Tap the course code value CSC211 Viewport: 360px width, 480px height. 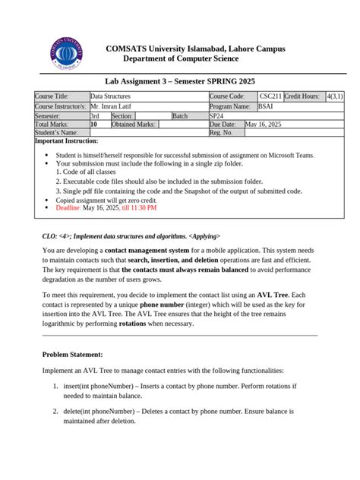coord(270,96)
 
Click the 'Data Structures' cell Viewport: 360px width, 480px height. coord(111,96)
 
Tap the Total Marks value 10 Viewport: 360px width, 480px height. coord(94,125)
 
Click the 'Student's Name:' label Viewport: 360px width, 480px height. coord(57,134)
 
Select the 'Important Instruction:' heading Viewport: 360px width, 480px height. coord(67,142)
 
